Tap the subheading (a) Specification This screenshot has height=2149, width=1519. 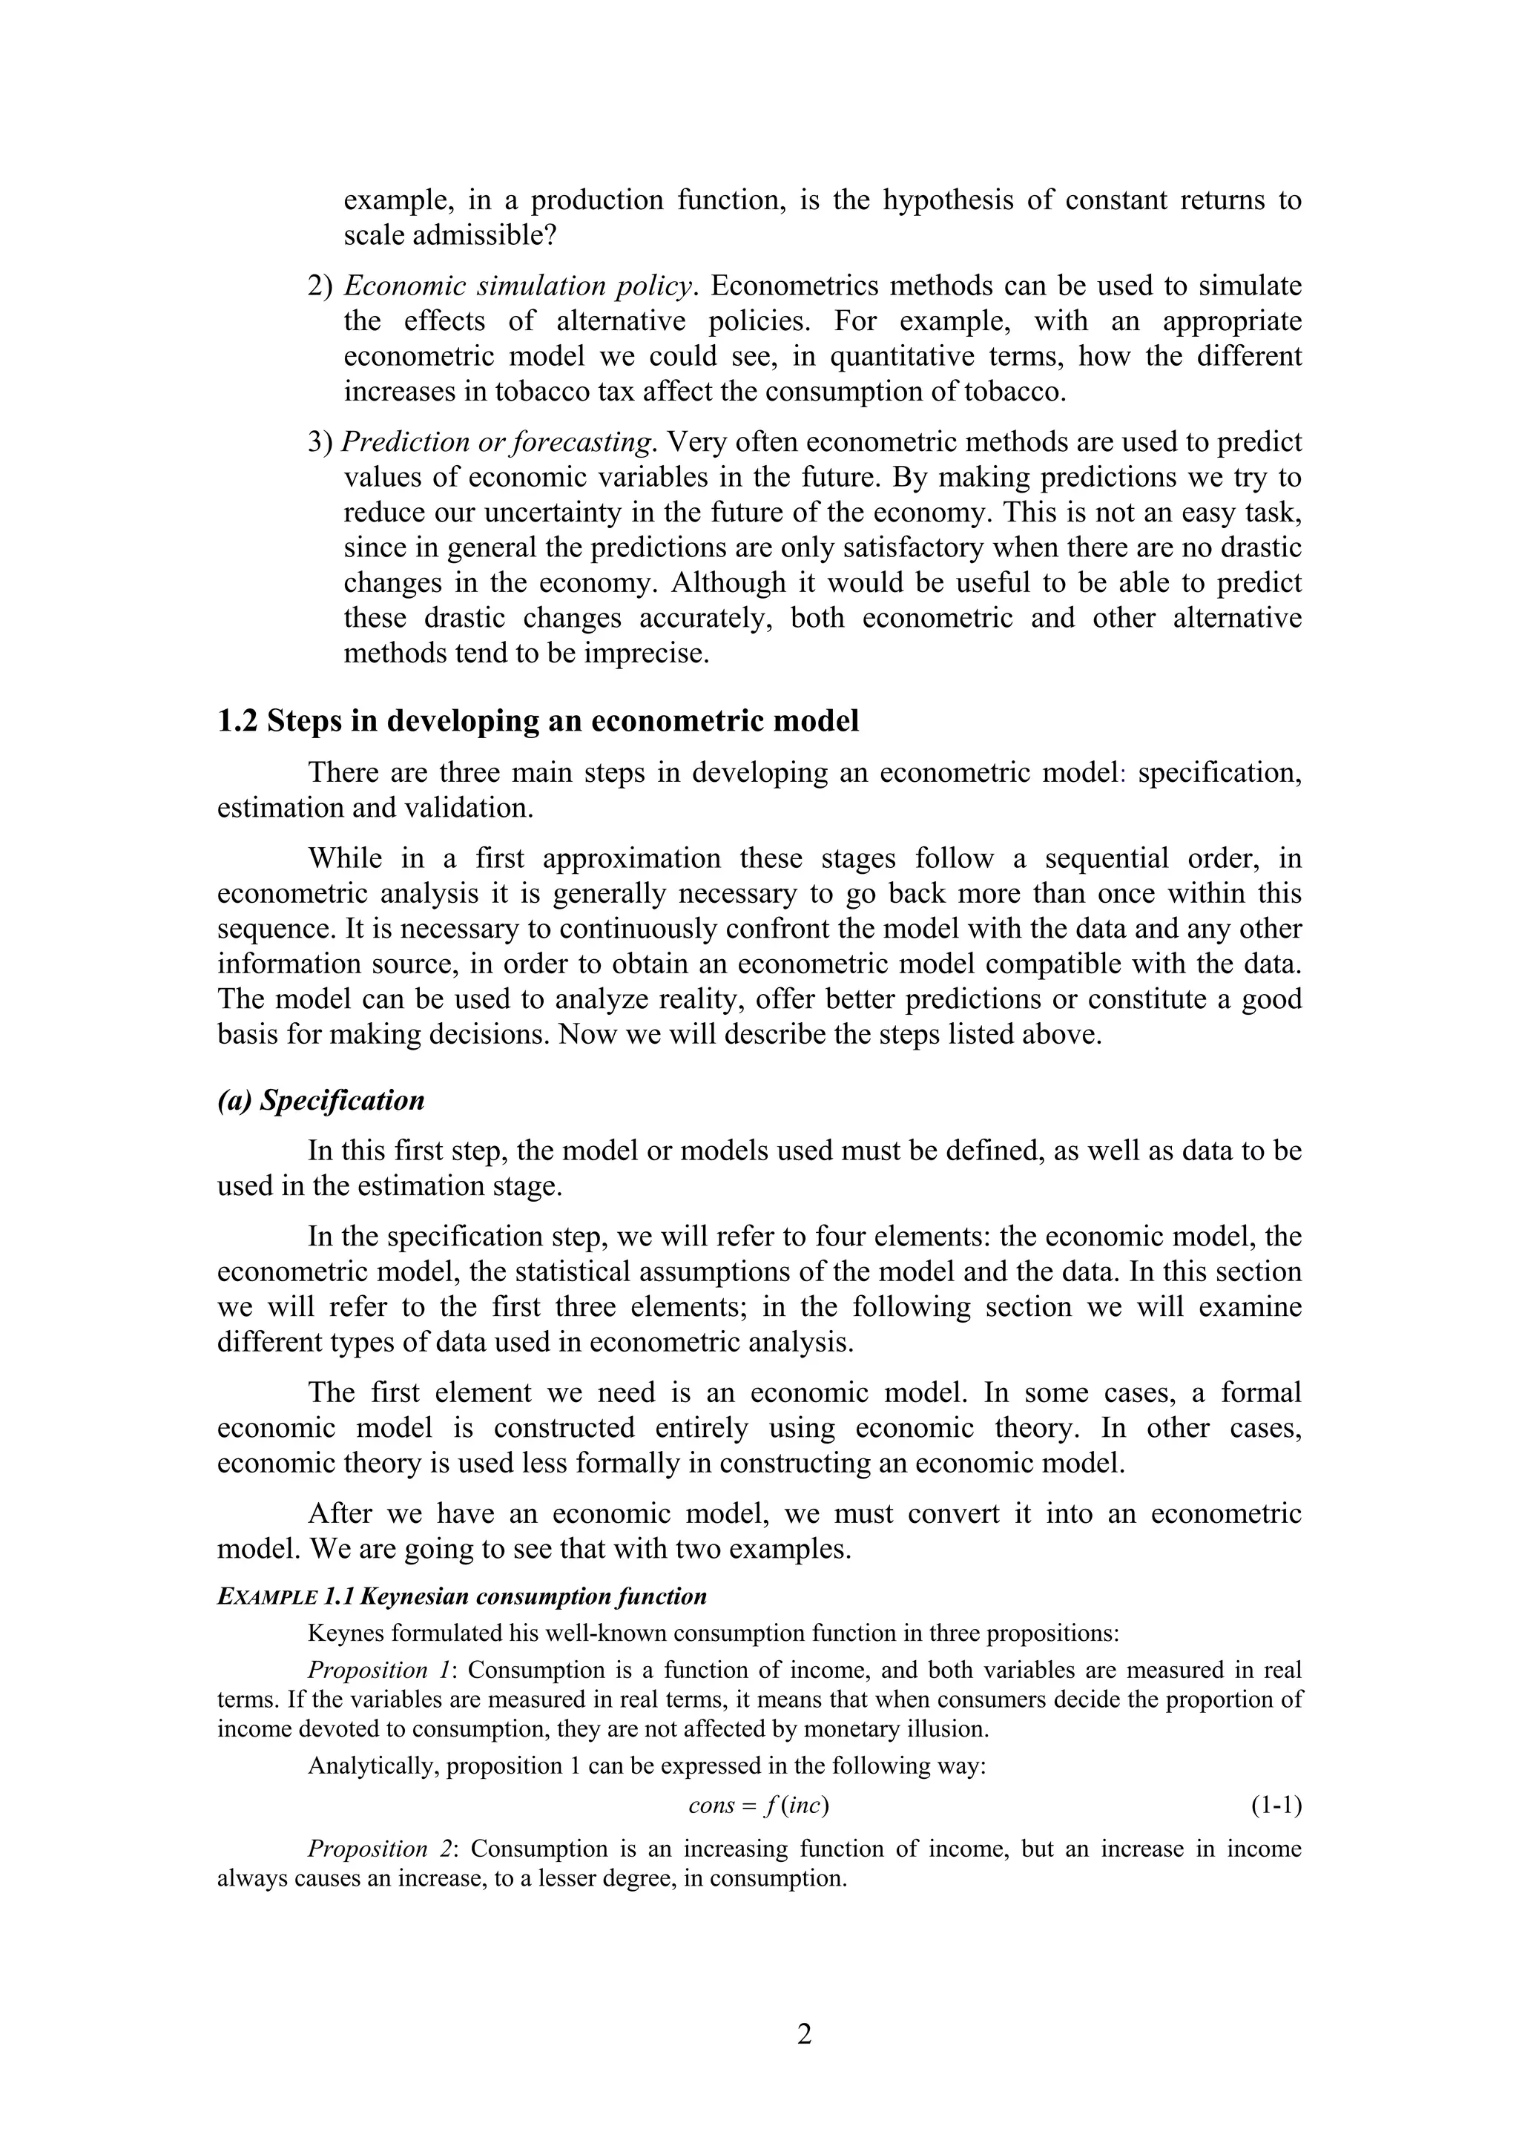coord(321,1101)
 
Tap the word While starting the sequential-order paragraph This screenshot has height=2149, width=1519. coord(346,859)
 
